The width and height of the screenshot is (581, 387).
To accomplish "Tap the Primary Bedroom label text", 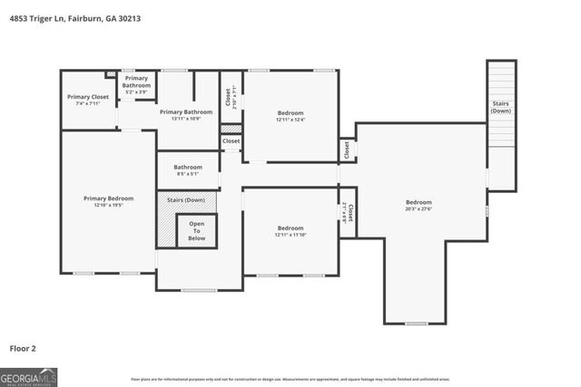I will click(108, 198).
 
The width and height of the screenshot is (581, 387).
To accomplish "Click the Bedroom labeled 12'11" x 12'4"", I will click(290, 115).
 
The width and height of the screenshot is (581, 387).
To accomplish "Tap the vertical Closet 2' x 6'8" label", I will click(348, 213).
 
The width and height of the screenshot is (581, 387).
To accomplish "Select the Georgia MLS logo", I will click(29, 376).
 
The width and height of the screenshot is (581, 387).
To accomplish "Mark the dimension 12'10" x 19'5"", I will click(108, 205).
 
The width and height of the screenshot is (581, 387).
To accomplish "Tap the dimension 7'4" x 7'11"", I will click(87, 102).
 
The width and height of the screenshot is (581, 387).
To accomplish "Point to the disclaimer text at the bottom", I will click(290, 379).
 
